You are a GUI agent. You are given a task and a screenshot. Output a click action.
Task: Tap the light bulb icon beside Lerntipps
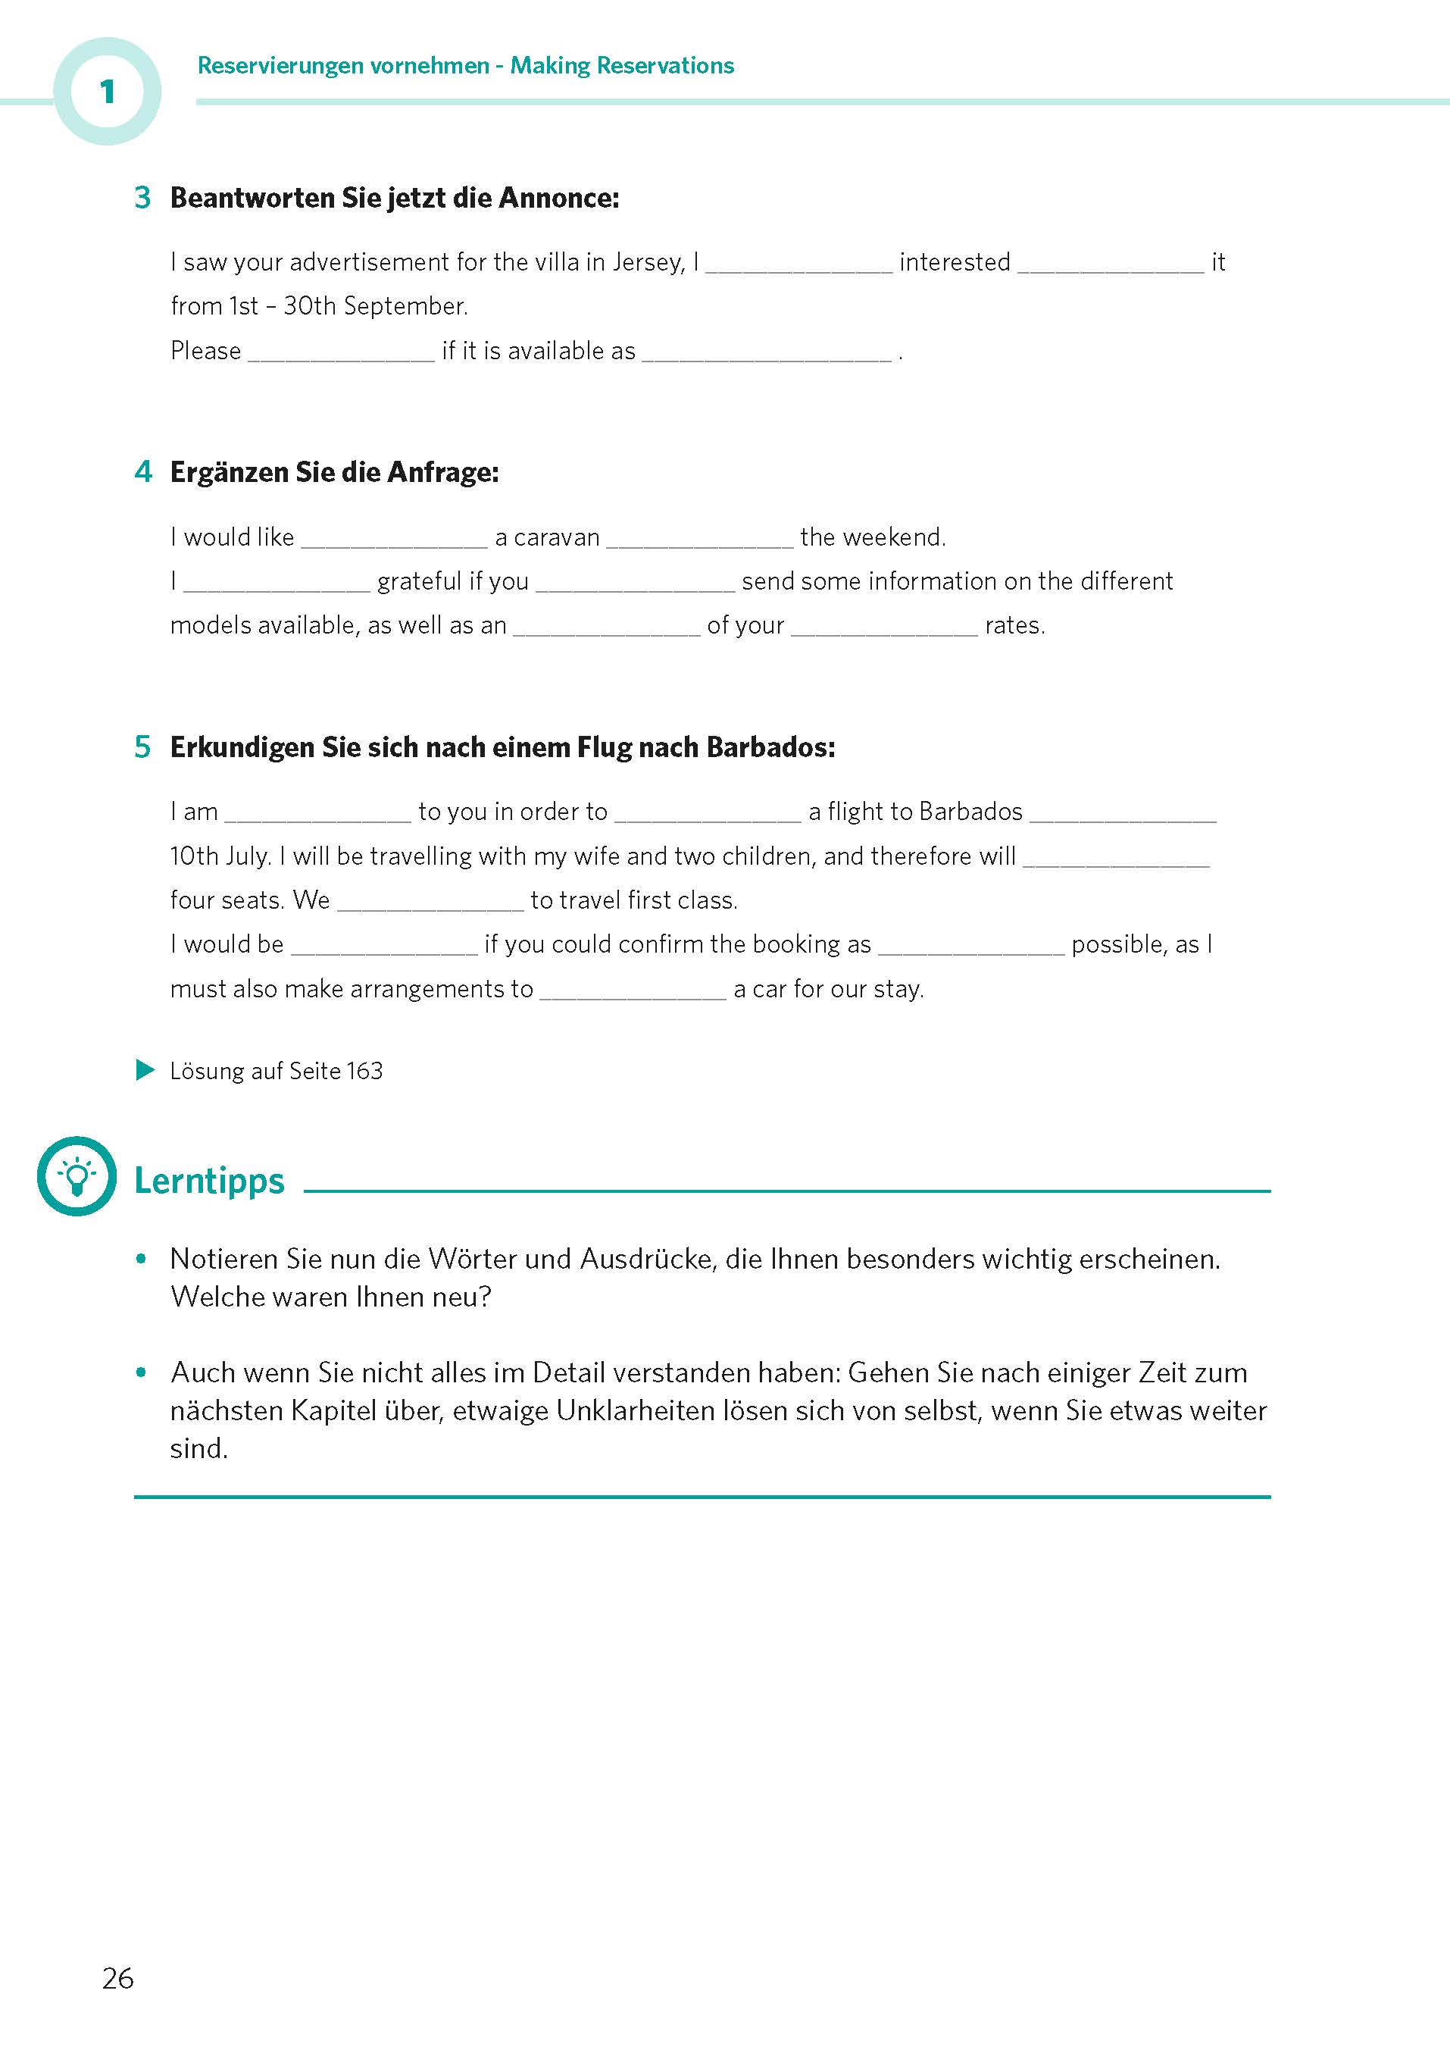click(x=77, y=1176)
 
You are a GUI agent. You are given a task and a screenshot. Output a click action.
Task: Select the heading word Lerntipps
click(x=209, y=1181)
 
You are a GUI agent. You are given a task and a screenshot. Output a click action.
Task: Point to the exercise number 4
click(x=143, y=471)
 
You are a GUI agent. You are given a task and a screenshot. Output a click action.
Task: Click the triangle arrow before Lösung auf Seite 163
click(x=145, y=1069)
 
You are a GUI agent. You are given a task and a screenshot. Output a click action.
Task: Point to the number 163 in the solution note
click(x=364, y=1071)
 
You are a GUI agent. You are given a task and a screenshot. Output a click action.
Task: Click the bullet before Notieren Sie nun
click(x=141, y=1260)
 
